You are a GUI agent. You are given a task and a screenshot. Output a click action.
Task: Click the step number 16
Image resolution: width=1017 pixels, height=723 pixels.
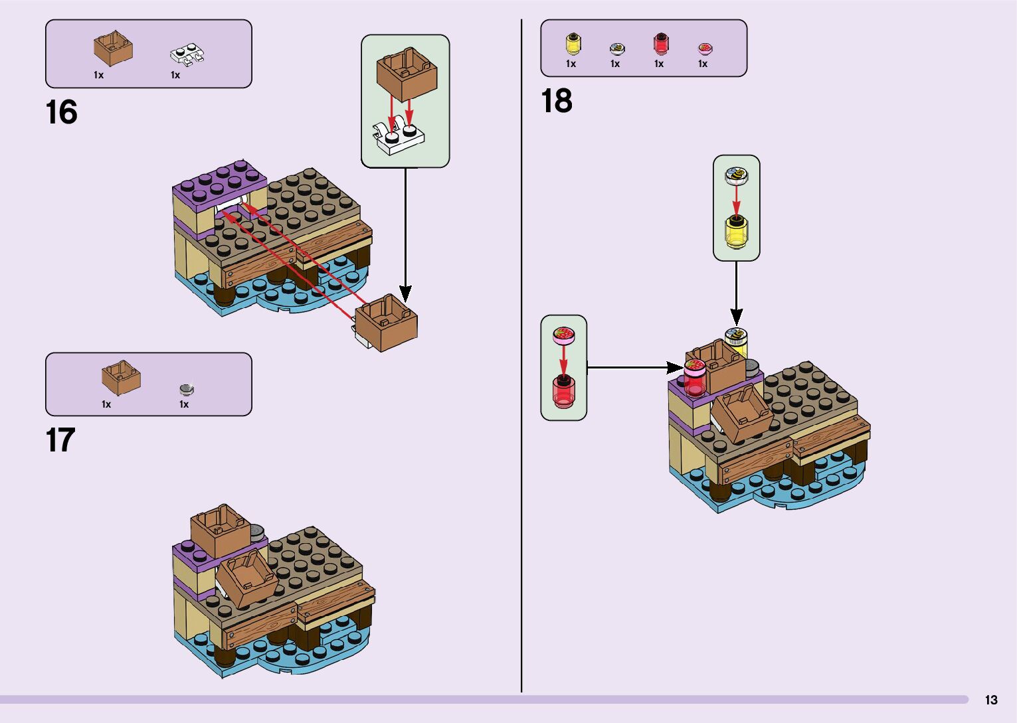pos(61,112)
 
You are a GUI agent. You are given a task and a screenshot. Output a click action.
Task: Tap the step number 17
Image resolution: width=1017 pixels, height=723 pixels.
pos(60,440)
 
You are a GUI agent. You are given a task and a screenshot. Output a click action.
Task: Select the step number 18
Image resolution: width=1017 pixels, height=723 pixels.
pos(556,101)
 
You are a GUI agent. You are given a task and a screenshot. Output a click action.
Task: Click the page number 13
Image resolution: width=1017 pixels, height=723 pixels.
pos(991,700)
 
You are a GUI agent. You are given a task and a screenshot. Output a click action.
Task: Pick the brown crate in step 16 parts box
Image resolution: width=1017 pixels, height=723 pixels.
pos(113,48)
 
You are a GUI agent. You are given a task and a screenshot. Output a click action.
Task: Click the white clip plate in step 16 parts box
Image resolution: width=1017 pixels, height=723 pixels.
pos(187,55)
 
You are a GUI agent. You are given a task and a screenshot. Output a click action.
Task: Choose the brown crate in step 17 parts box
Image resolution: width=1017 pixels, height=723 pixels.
pos(121,378)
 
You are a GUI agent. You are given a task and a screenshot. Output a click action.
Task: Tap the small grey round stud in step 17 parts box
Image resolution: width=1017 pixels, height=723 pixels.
pos(187,388)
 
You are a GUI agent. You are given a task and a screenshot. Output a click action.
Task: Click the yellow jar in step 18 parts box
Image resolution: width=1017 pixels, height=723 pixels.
pos(573,43)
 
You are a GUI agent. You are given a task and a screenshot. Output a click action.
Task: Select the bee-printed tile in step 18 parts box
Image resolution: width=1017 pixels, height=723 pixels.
pos(617,48)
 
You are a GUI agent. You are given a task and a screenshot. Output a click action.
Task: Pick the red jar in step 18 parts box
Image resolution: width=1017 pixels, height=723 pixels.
pos(660,44)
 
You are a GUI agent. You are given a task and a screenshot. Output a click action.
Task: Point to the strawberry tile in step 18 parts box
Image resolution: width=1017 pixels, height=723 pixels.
pos(705,48)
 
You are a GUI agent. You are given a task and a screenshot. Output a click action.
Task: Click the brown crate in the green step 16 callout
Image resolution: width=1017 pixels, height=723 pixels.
pos(407,73)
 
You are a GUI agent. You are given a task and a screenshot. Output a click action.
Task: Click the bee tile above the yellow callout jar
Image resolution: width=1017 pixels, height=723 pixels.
pos(736,175)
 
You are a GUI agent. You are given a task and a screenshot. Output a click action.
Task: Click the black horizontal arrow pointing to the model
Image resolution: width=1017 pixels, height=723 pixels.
pos(634,366)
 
